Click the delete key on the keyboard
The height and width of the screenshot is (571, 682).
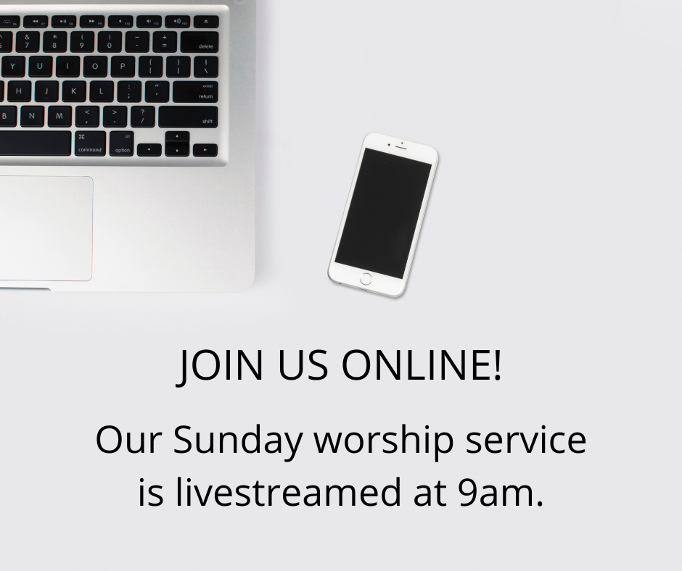click(x=200, y=42)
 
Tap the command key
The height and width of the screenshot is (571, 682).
click(x=90, y=143)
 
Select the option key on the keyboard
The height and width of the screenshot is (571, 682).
click(x=121, y=143)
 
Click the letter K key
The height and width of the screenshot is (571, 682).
click(x=74, y=92)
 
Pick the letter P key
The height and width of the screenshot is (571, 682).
click(x=123, y=67)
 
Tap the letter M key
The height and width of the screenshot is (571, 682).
click(x=59, y=117)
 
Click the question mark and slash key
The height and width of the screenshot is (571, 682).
click(x=143, y=117)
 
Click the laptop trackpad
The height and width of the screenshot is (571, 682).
click(x=45, y=228)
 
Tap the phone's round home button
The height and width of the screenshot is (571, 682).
click(x=366, y=279)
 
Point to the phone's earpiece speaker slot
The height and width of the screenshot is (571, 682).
click(x=401, y=148)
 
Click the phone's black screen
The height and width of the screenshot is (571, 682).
click(x=383, y=213)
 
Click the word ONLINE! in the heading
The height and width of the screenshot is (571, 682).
click(x=422, y=364)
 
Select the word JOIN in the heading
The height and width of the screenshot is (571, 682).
click(x=220, y=366)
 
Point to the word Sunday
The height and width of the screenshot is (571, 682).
click(x=238, y=440)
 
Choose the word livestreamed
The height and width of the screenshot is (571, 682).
click(x=288, y=492)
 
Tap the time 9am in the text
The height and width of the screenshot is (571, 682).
click(x=501, y=493)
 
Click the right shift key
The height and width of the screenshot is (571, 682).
click(x=189, y=117)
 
